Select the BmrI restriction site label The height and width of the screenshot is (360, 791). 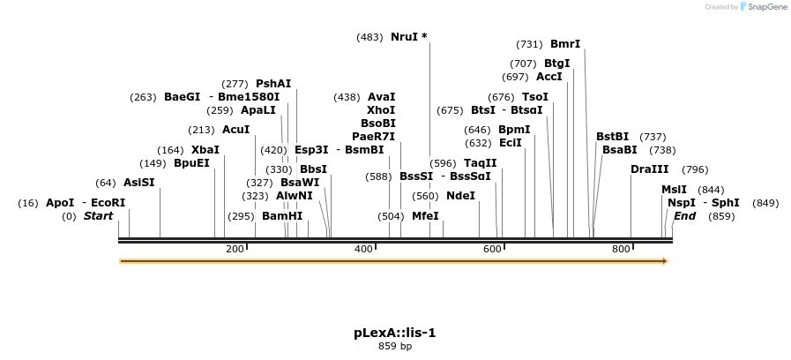click(x=565, y=44)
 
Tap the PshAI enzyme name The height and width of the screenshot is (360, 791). click(x=273, y=84)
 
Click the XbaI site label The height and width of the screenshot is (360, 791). click(x=205, y=150)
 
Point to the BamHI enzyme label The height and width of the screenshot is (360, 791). click(x=282, y=216)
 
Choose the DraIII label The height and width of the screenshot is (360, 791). click(x=650, y=169)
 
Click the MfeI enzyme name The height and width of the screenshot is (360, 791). click(x=425, y=216)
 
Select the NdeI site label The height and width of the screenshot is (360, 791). click(x=460, y=196)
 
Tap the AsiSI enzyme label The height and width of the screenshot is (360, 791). click(x=138, y=183)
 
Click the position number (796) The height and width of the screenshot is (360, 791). click(x=695, y=169)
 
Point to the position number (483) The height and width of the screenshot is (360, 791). click(x=369, y=37)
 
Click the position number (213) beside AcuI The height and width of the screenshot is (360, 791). click(x=201, y=130)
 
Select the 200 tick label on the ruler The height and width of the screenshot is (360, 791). click(x=235, y=250)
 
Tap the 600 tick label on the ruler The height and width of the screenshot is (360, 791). click(x=492, y=250)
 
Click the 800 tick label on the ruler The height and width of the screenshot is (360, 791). click(x=621, y=250)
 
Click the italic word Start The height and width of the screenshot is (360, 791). click(x=99, y=216)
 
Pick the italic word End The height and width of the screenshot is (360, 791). click(x=685, y=216)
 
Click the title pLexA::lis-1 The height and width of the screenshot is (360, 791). click(x=395, y=333)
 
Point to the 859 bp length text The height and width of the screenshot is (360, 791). click(x=395, y=346)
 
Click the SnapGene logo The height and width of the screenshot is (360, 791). click(x=764, y=7)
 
